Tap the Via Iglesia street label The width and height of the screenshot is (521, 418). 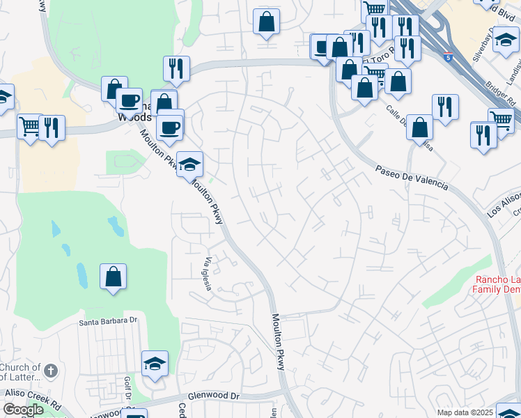(208, 274)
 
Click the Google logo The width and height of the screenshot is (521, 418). (23, 410)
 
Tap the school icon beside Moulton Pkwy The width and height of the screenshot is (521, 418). (189, 165)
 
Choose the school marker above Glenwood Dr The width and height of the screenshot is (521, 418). (155, 364)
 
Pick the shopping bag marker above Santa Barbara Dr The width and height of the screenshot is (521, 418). (113, 277)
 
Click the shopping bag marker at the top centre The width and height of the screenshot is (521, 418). (266, 22)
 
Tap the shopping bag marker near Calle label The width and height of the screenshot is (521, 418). (419, 128)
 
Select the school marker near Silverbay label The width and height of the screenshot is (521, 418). (506, 40)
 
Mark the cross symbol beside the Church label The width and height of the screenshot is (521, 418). (50, 369)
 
